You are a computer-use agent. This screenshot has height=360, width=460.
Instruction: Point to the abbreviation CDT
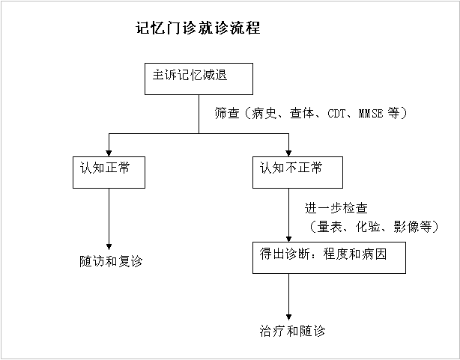(337, 114)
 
